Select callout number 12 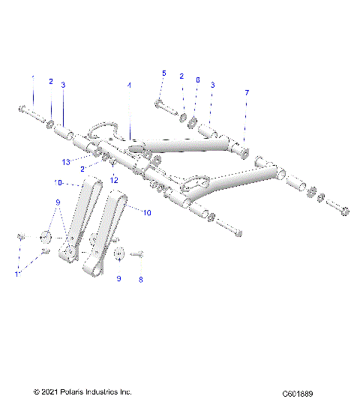coord(115,180)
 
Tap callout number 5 coord(163,73)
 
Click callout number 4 coord(128,86)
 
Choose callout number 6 coord(197,79)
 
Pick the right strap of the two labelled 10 coord(106,232)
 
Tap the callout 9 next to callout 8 coord(118,279)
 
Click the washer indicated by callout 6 coord(193,121)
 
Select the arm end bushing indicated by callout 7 coord(244,151)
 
